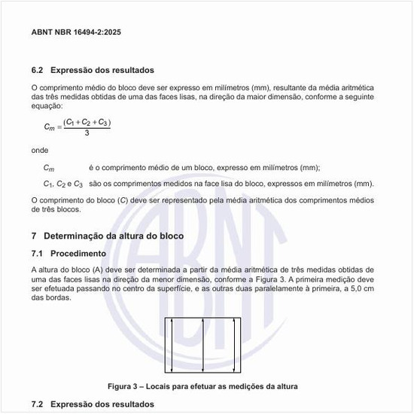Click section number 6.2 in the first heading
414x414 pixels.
pyautogui.click(x=38, y=71)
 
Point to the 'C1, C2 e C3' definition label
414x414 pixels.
pyautogui.click(x=62, y=183)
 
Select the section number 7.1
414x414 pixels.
pyautogui.click(x=38, y=253)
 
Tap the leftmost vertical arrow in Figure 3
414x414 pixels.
pyautogui.click(x=172, y=345)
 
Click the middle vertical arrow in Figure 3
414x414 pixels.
pyautogui.click(x=204, y=345)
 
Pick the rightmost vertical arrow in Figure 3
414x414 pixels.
pyautogui.click(x=236, y=345)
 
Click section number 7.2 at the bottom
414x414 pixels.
pyautogui.click(x=38, y=405)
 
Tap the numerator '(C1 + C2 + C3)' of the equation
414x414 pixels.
pyautogui.click(x=87, y=121)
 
